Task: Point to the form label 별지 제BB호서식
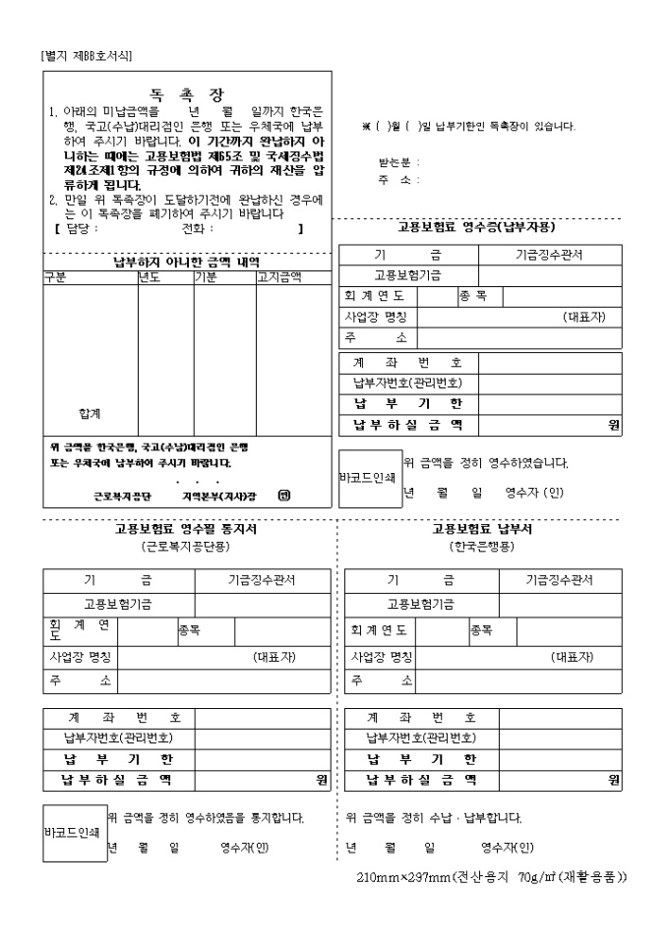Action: click(87, 55)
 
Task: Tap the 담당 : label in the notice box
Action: click(81, 228)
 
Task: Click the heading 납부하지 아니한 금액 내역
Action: click(187, 262)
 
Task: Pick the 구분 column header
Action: click(57, 277)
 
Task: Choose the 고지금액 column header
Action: click(279, 277)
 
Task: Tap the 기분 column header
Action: click(207, 277)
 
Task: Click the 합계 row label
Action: click(90, 413)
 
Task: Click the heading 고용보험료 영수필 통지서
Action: click(187, 529)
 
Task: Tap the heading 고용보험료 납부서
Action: click(483, 529)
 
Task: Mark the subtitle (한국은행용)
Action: click(482, 546)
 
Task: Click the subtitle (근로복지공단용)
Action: click(186, 546)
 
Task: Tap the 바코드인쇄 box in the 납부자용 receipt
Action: click(369, 478)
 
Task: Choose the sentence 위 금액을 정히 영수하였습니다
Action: click(486, 463)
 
